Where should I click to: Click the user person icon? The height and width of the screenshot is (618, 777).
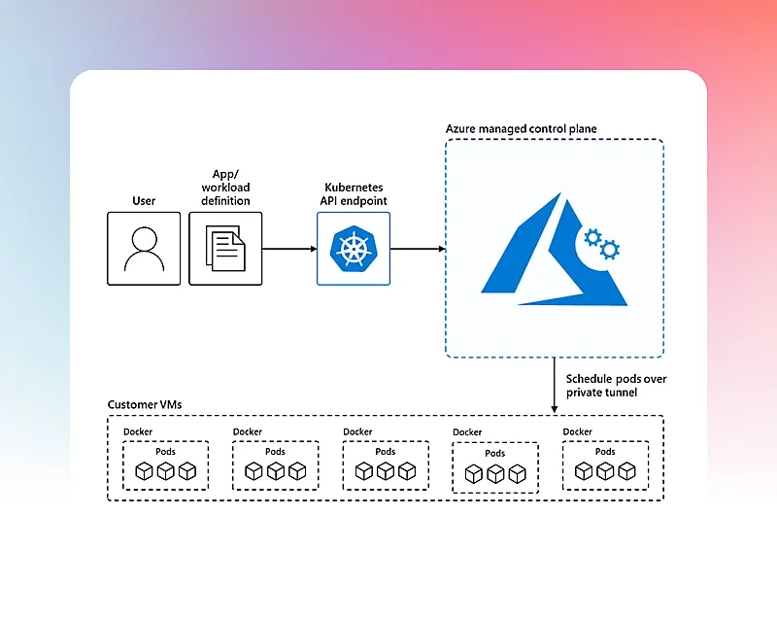(144, 249)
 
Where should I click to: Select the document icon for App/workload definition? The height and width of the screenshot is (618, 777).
(225, 249)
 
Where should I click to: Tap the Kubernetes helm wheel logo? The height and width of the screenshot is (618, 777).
(353, 249)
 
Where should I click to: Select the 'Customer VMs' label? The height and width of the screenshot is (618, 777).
(144, 404)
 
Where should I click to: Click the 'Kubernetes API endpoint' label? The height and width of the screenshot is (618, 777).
(353, 193)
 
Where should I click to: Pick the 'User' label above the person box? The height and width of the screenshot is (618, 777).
(144, 201)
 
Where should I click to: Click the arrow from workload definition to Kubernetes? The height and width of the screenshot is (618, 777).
(289, 249)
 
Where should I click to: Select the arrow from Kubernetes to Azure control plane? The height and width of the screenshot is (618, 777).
(418, 249)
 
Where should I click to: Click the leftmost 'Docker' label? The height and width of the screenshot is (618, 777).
(138, 431)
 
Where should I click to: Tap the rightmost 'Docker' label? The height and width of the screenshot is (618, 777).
(577, 431)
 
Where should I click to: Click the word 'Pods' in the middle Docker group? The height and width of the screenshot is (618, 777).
(385, 451)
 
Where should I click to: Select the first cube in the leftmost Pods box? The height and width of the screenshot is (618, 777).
(144, 471)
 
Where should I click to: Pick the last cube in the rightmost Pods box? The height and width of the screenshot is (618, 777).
(626, 471)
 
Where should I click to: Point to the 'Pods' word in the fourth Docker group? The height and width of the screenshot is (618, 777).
(494, 453)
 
